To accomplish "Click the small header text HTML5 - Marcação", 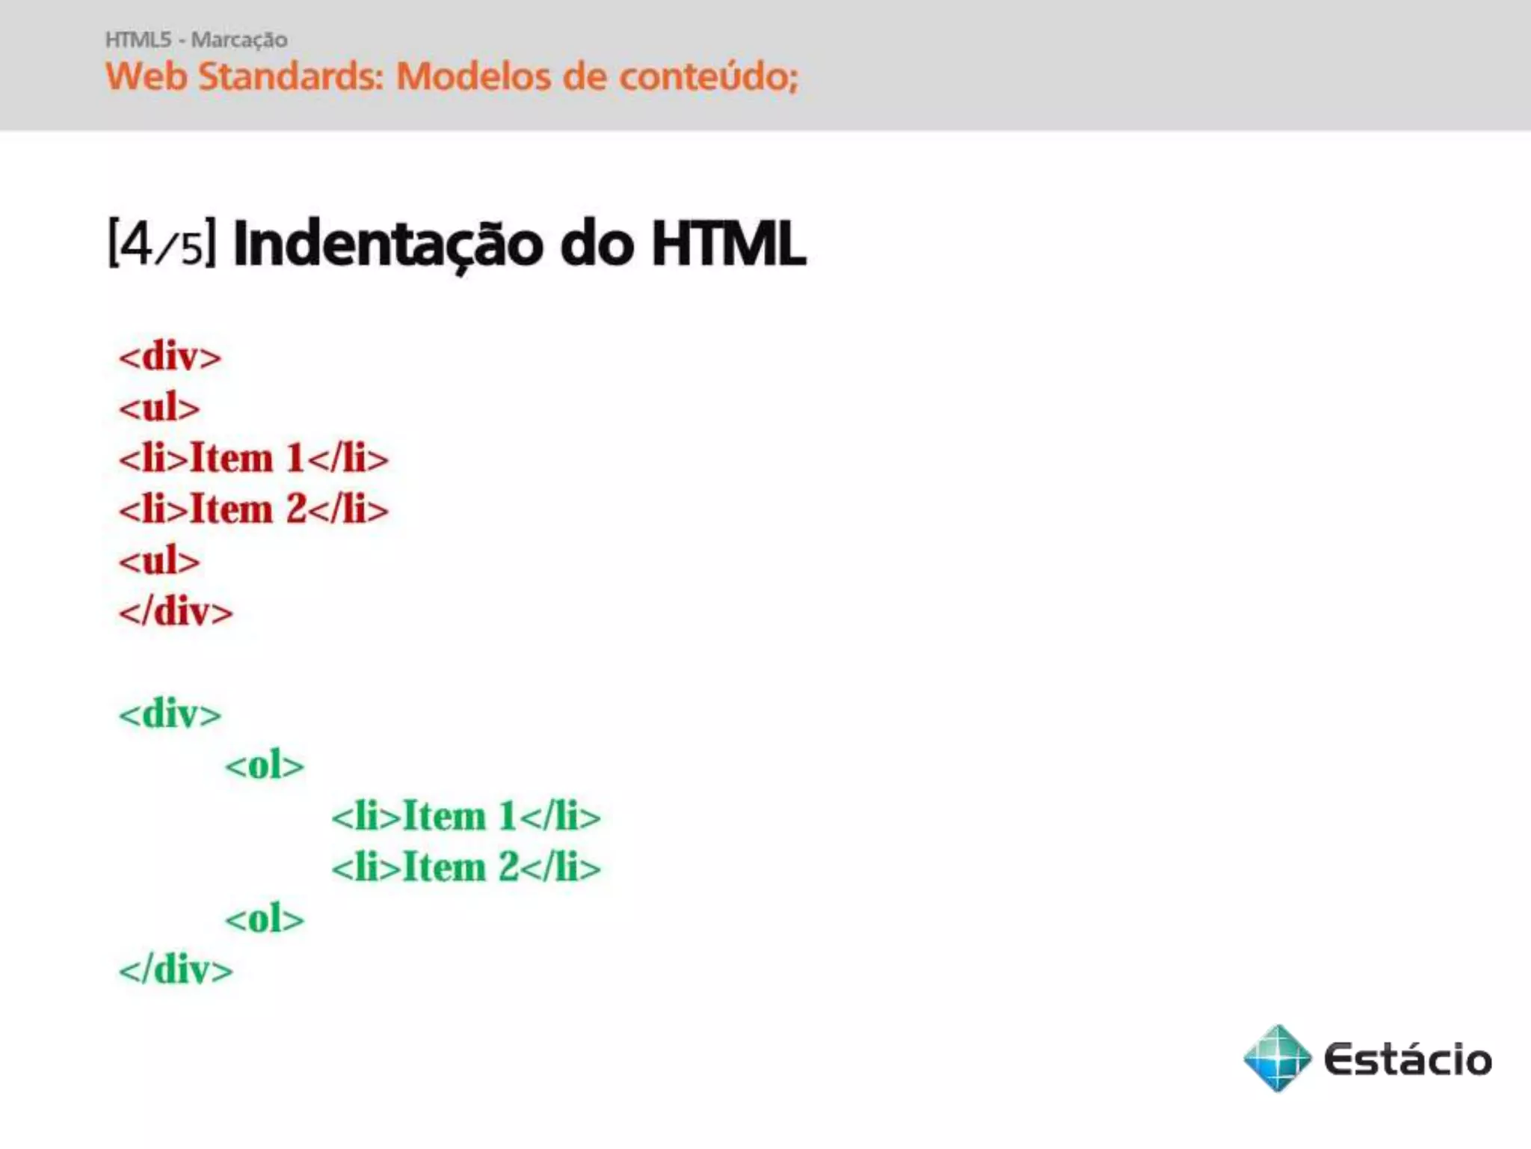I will click(x=196, y=39).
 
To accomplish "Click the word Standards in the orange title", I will click(x=291, y=76).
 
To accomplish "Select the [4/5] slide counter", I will click(x=161, y=244).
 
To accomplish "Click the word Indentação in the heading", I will click(x=388, y=244).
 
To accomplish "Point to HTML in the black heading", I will click(x=728, y=244).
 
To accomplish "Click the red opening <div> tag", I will click(x=170, y=356).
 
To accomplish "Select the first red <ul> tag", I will click(x=159, y=408).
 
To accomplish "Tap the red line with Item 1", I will click(x=253, y=458).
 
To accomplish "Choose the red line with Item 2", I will click(x=253, y=509).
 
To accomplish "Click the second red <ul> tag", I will click(x=159, y=560).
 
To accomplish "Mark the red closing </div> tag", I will click(x=176, y=612).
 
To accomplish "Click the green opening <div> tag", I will click(x=170, y=714).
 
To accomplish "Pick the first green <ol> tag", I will click(x=265, y=765).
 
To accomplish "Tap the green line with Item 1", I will click(x=466, y=816).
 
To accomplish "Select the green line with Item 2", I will click(x=466, y=868).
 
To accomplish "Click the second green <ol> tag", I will click(x=265, y=919).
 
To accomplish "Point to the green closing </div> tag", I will click(x=176, y=969).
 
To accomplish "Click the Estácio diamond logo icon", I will click(x=1277, y=1058).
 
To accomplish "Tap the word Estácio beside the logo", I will click(x=1407, y=1059).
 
